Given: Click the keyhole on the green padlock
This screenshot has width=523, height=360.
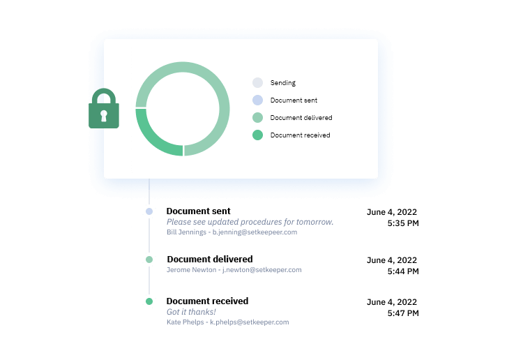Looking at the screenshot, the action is point(104,116).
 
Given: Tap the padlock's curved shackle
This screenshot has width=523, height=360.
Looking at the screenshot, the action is point(104,90).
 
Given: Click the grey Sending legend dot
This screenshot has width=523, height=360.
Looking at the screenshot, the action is point(257,83).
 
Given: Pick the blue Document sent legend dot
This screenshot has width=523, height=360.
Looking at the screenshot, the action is point(257,100).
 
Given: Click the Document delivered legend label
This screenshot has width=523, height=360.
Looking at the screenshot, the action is point(301,118).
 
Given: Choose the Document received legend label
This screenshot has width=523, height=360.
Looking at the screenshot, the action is point(300,135).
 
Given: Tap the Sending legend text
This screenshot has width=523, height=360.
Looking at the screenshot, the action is point(283,83).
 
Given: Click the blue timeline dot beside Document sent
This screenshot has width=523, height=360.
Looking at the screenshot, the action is point(149,211).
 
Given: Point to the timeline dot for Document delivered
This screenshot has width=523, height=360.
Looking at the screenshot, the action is point(149,260).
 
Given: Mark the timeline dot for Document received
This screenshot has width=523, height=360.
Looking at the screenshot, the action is point(149,301).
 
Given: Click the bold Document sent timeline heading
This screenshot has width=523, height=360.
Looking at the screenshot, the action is point(199,211).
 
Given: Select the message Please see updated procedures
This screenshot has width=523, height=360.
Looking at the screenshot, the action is point(250,222).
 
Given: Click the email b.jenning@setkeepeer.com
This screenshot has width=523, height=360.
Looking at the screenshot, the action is point(255,232).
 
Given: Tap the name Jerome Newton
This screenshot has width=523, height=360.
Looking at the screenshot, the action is point(192,269).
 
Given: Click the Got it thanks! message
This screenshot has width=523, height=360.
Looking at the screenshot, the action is point(191,312).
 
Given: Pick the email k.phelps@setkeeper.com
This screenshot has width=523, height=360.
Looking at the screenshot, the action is point(250,322).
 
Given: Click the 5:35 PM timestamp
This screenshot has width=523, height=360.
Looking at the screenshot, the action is point(403,223).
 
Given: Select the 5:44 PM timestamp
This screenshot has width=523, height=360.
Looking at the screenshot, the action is point(403,271).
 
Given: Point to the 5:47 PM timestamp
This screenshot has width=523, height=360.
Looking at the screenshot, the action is point(403,313).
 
